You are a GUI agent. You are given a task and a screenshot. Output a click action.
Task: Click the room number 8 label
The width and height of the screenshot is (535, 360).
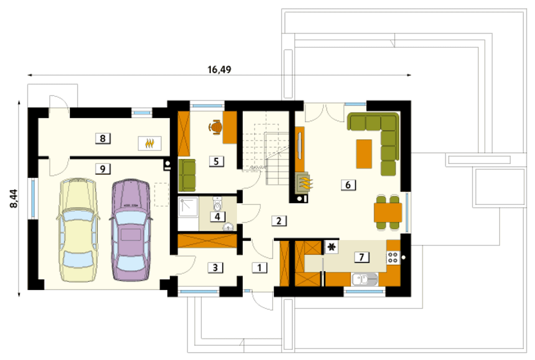click(103, 139)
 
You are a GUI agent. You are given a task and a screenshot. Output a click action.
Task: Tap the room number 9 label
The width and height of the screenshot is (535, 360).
click(103, 169)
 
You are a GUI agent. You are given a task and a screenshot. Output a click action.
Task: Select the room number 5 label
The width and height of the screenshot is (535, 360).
click(217, 161)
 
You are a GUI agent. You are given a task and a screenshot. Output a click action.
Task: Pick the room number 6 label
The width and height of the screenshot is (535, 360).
click(348, 185)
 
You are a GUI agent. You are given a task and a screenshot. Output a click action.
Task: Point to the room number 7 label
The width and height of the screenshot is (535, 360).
click(362, 257)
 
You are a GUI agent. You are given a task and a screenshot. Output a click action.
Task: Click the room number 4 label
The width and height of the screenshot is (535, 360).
click(217, 217)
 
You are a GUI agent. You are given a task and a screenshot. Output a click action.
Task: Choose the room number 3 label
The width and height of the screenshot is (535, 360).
click(215, 268)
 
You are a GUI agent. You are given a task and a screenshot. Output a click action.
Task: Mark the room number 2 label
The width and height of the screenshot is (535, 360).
click(279, 221)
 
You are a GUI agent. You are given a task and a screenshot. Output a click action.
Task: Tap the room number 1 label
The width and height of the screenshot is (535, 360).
click(260, 268)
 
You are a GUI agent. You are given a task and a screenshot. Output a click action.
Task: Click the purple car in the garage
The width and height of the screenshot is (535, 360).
click(131, 230)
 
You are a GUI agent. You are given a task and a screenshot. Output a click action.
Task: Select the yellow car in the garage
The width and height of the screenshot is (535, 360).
click(78, 230)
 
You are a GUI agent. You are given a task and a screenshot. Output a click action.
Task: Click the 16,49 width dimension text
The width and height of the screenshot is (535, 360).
click(219, 70)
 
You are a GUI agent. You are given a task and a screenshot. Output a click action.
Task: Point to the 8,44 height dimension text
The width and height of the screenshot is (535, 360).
click(14, 199)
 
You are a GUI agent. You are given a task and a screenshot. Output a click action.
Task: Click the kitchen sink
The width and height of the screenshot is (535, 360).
click(364, 279)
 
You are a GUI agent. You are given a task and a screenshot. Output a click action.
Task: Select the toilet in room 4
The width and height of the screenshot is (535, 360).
click(217, 204)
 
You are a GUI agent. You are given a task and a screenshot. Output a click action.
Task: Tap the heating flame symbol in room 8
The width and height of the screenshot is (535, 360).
click(150, 143)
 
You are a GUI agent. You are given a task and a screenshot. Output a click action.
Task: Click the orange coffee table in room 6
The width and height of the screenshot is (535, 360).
click(364, 154)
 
